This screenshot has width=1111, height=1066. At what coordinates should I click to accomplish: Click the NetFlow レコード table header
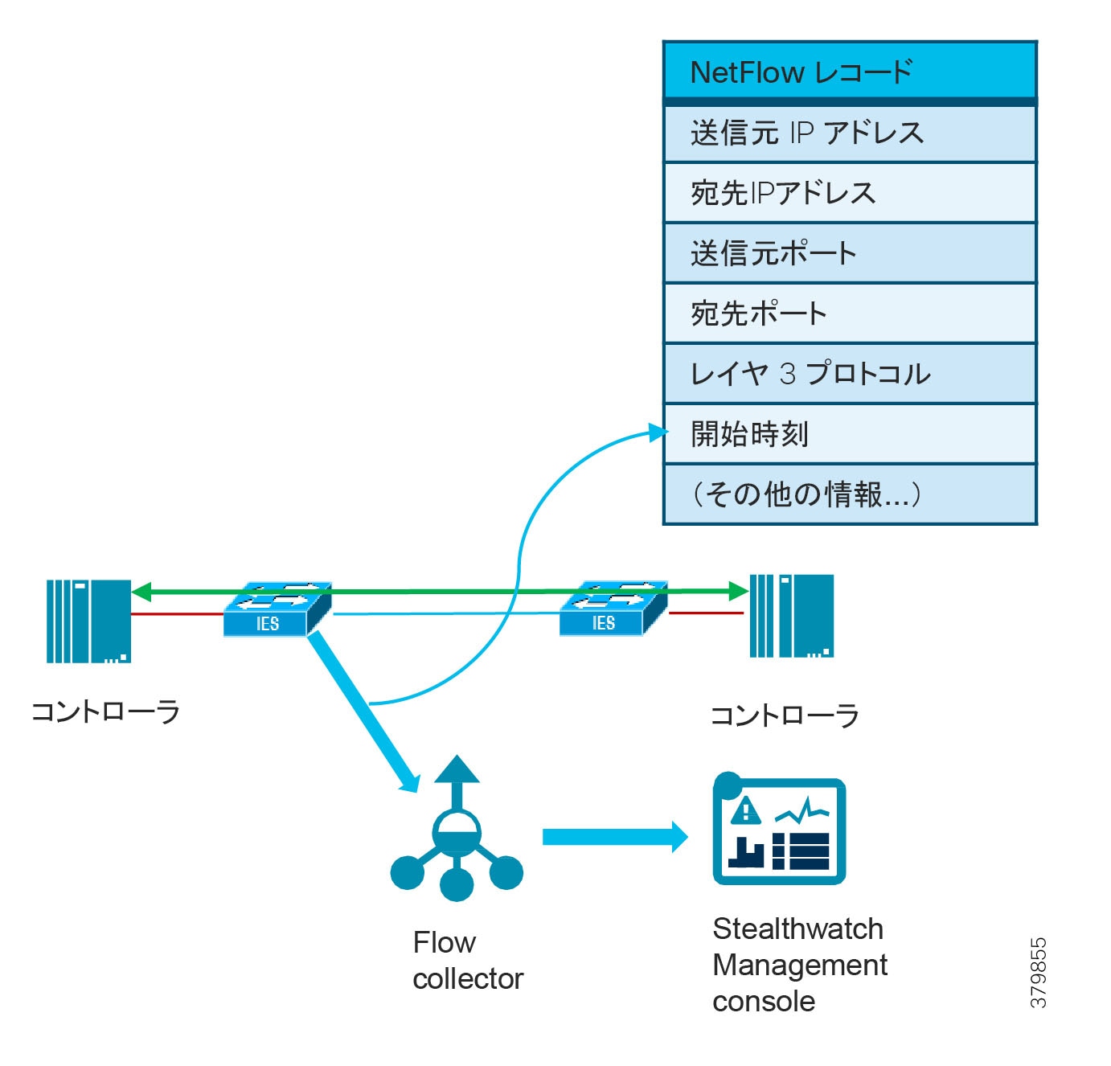pyautogui.click(x=850, y=72)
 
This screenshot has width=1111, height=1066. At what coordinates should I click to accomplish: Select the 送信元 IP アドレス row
pyautogui.click(x=850, y=133)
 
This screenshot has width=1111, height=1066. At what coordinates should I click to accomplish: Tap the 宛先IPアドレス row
pyautogui.click(x=850, y=193)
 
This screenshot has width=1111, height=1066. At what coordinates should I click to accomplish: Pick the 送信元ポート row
pyautogui.click(x=850, y=253)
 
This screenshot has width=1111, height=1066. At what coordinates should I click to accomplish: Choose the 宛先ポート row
pyautogui.click(x=850, y=314)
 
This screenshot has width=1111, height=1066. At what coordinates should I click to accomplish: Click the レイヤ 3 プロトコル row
pyautogui.click(x=850, y=374)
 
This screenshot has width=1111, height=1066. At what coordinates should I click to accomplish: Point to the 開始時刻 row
pyautogui.click(x=850, y=434)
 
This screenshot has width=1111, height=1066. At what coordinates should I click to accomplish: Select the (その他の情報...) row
pyautogui.click(x=850, y=494)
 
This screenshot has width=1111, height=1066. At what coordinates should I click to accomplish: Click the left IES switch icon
pyautogui.click(x=277, y=609)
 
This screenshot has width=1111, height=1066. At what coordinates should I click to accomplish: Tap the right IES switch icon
pyautogui.click(x=613, y=609)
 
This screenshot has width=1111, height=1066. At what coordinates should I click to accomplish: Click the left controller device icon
pyautogui.click(x=88, y=621)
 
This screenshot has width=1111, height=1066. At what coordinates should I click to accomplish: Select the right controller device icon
pyautogui.click(x=791, y=616)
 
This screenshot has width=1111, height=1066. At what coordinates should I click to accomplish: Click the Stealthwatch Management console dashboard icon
pyautogui.click(x=779, y=831)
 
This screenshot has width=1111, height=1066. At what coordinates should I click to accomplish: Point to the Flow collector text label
pyautogui.click(x=467, y=961)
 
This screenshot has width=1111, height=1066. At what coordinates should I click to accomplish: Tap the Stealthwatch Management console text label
pyautogui.click(x=799, y=965)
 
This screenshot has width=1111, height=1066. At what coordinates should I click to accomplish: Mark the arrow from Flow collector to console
pyautogui.click(x=615, y=837)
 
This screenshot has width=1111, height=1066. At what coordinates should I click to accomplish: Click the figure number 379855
pyautogui.click(x=1039, y=972)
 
